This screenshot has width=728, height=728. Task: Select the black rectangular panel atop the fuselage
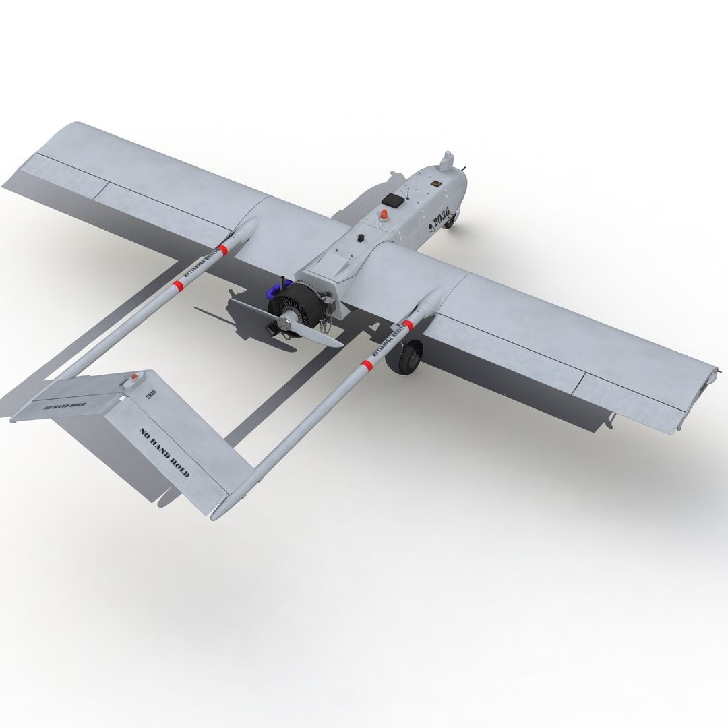point(392,200)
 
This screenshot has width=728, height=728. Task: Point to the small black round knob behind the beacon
point(361,238)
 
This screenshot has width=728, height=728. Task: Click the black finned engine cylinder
point(300,303)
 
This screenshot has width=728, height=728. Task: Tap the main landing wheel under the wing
point(409,357)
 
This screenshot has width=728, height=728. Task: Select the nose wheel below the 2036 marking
point(448,220)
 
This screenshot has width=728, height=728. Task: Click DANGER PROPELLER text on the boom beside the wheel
point(382,342)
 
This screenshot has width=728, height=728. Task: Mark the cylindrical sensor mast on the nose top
point(445,160)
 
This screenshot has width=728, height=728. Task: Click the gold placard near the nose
point(437,181)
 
